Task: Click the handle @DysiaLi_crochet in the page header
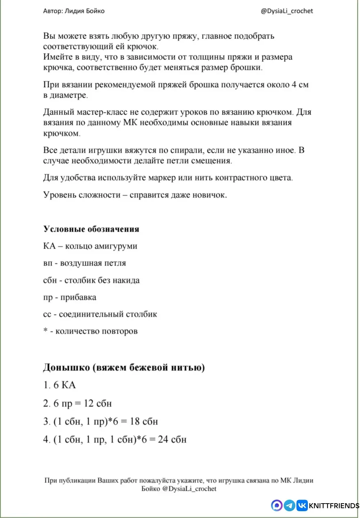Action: pos(287,11)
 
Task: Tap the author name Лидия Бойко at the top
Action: pos(85,11)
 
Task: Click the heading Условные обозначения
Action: pos(91,229)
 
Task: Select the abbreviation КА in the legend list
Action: pos(49,246)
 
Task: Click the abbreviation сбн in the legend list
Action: pos(50,280)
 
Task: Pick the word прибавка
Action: pos(78,297)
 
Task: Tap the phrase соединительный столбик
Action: pos(108,314)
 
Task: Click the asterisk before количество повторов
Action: pos(45,331)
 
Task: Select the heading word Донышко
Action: pos(66,367)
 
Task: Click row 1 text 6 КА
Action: pos(64,385)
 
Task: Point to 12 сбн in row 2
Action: pos(98,403)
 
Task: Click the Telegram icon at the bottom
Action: pos(289,505)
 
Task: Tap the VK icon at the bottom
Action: pos(302,505)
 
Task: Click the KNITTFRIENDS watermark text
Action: pos(334,506)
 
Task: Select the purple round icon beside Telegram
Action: pos(277,505)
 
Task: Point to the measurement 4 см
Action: pos(300,85)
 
